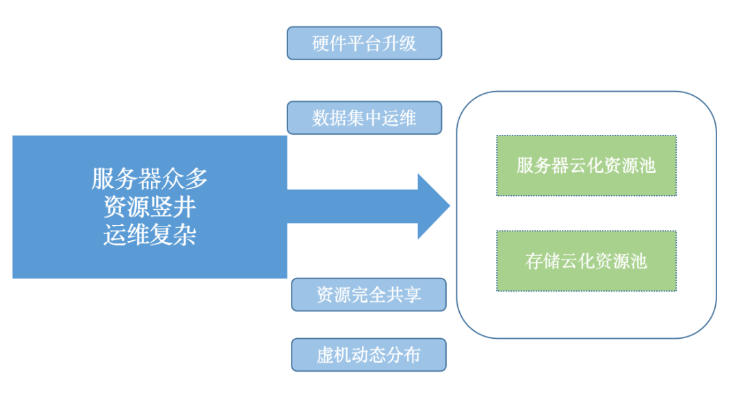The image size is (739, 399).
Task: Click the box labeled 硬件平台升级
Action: point(364,43)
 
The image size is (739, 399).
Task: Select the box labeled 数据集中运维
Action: point(364,118)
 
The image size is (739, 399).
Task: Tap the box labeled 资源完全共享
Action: point(368,294)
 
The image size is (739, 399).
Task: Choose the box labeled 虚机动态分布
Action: point(368,355)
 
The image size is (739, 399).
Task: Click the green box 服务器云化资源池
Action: point(586,166)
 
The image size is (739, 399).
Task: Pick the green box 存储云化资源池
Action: point(586,261)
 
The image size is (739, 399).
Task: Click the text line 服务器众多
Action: point(149,179)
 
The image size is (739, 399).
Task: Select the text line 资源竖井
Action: point(149,207)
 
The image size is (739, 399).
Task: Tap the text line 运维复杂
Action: point(149,235)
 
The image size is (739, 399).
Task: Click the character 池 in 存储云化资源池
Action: point(638,261)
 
